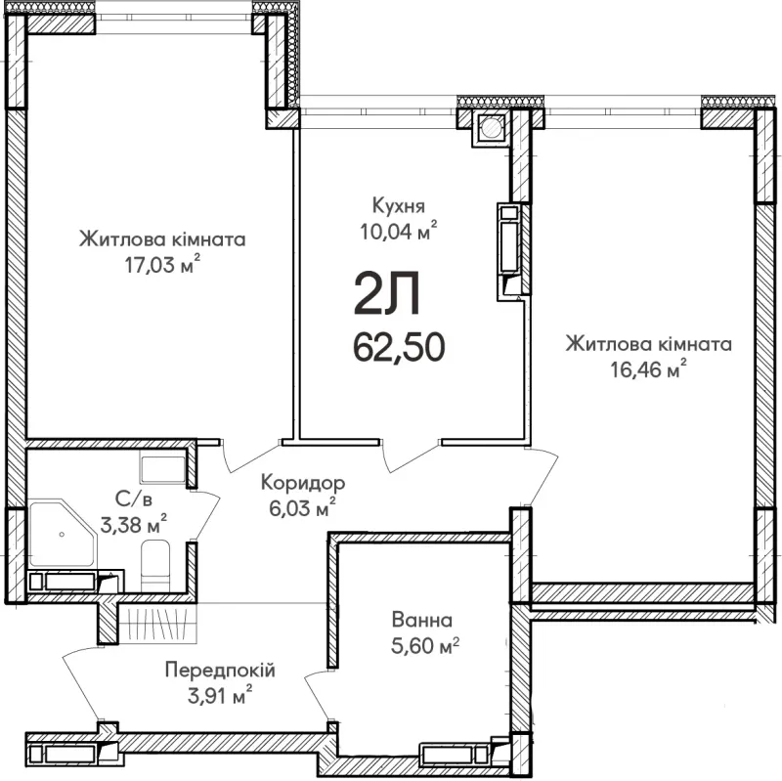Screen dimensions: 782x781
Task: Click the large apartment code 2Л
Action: [387, 295]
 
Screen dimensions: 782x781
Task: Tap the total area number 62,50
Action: [399, 348]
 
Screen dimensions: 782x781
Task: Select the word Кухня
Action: [399, 205]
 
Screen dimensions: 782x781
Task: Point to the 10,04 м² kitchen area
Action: [399, 231]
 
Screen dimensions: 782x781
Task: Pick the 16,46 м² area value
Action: [648, 369]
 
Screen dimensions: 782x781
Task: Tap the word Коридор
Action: [303, 483]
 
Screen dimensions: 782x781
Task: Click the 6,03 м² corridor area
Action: [302, 507]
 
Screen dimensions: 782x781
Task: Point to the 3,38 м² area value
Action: [134, 524]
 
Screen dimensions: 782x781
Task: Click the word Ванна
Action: [422, 620]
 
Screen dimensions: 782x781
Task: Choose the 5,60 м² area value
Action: [425, 646]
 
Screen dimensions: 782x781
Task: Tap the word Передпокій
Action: [220, 671]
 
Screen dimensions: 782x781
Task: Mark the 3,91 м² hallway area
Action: [219, 695]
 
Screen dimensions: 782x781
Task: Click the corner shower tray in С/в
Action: [62, 534]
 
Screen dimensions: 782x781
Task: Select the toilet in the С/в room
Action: [155, 567]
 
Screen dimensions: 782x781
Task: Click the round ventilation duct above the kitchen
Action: [492, 128]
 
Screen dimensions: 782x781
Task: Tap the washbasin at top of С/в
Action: [163, 469]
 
